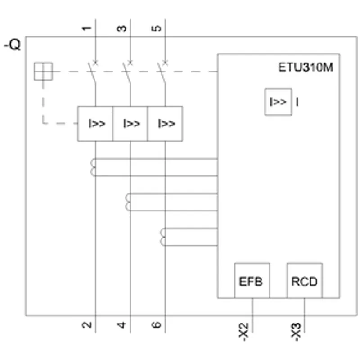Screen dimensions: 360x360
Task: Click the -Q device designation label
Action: point(13,45)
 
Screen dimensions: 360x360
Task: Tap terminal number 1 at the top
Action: point(87,28)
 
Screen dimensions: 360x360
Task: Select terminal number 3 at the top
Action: point(121,28)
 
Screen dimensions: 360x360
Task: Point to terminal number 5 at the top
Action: point(157,28)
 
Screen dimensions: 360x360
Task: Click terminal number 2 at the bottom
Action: point(87,324)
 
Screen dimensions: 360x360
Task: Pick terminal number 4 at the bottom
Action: point(121,324)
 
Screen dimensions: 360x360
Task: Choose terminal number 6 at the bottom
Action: point(157,324)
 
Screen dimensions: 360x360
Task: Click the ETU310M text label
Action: point(306,67)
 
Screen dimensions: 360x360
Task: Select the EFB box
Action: point(252,280)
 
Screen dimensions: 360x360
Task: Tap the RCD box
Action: point(305,280)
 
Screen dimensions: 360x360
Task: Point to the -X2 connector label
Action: point(244,332)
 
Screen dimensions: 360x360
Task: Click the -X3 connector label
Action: point(296,332)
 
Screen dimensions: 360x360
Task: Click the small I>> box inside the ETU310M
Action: point(278,102)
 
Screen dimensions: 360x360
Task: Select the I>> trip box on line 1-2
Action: point(95,124)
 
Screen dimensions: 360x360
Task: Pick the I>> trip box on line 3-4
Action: point(130,124)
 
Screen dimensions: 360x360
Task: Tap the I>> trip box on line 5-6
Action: point(165,124)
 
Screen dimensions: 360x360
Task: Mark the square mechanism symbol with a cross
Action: point(43,72)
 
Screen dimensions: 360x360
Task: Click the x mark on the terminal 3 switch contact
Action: point(130,62)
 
